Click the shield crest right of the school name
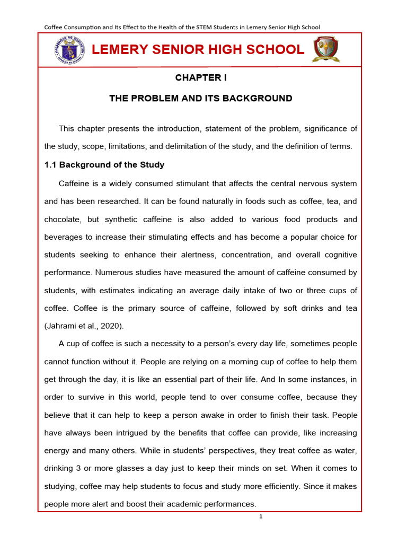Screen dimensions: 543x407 pos(326,49)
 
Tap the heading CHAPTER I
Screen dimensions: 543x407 pos(201,78)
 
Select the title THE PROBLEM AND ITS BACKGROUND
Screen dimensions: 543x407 pos(201,98)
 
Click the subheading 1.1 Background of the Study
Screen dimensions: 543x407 pos(104,165)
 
